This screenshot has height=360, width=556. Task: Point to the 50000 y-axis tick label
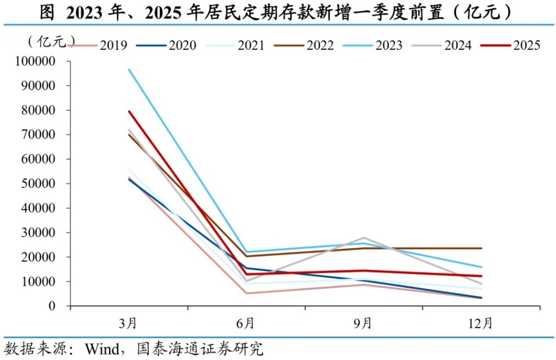[x=41, y=184]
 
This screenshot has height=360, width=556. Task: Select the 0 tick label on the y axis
[x=53, y=306]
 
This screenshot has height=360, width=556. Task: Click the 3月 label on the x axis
[x=129, y=324]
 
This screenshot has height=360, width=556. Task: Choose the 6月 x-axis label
[x=246, y=324]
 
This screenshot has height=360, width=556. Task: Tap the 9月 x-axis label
[x=363, y=324]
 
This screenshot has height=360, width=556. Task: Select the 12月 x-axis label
[x=481, y=324]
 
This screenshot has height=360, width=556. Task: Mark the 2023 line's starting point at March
[x=129, y=70]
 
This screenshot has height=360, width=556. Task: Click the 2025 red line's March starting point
[x=129, y=111]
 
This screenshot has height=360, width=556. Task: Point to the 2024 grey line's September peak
[x=363, y=238]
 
